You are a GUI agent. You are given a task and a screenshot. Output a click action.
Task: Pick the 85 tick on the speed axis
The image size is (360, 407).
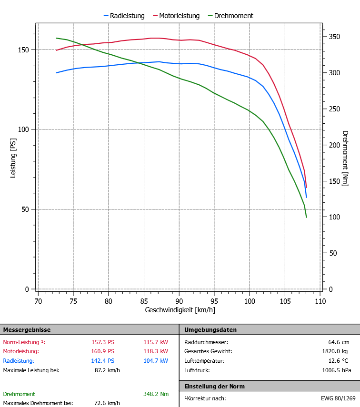coord(144,301)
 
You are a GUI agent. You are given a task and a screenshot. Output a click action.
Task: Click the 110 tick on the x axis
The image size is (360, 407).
coord(320,301)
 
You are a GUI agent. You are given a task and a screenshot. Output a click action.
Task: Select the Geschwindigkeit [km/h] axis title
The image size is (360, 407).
coord(180,310)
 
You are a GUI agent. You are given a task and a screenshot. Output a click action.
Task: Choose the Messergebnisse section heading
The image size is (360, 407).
coord(27,329)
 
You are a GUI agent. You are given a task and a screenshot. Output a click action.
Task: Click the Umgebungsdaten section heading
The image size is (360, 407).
coord(210,329)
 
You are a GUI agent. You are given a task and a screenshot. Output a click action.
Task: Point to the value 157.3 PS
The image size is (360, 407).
coord(103,342)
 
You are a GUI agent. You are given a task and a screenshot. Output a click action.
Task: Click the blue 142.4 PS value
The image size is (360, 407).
coord(103,360)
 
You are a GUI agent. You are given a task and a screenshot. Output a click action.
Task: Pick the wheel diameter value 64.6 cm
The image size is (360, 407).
coord(339,342)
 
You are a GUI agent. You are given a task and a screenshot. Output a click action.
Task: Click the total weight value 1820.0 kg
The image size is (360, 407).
coord(336,351)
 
